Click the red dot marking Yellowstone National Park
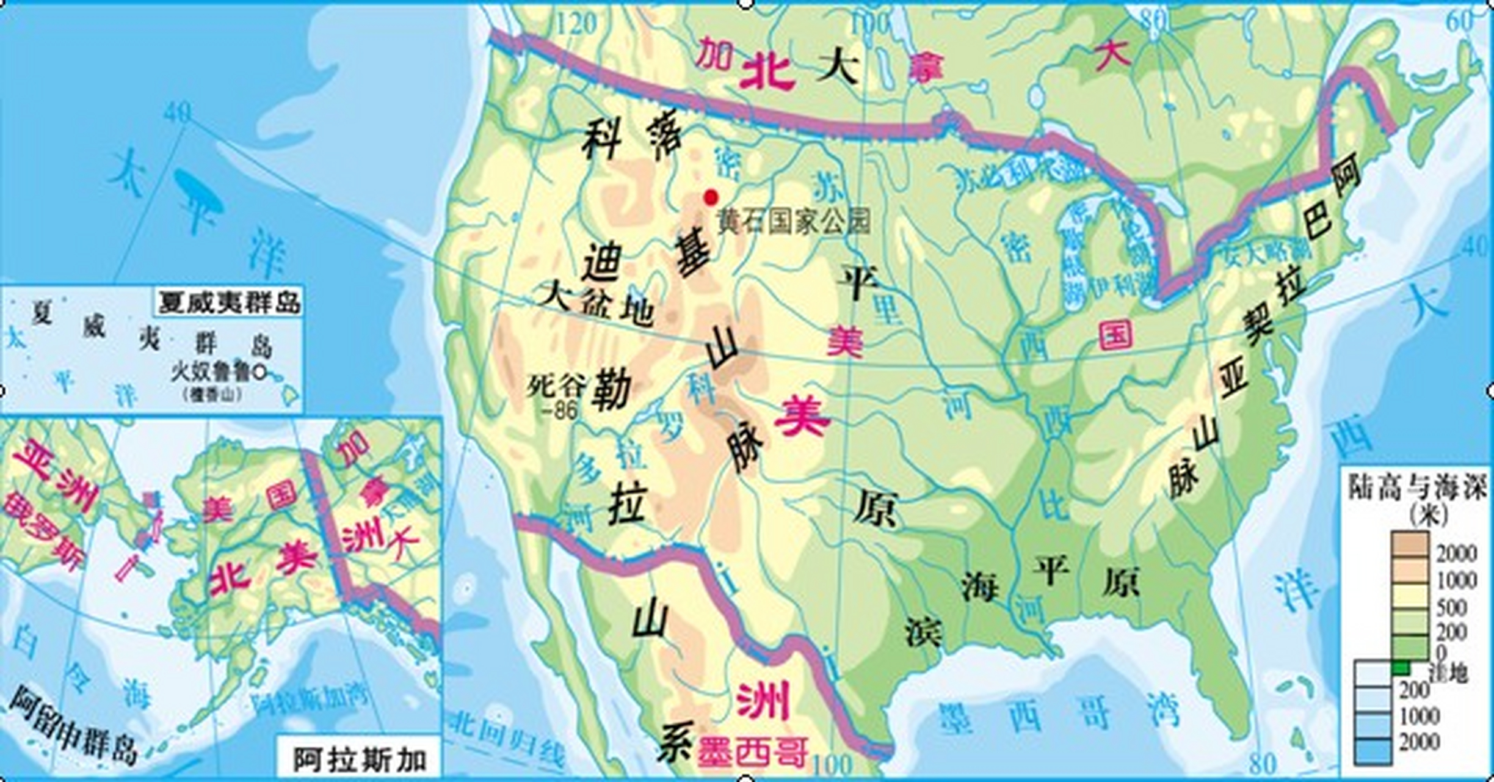click(710, 197)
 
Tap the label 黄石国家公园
click(794, 221)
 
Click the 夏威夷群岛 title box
click(229, 302)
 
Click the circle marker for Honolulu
click(259, 371)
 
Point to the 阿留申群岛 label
click(73, 727)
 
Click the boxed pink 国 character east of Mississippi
click(1115, 334)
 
